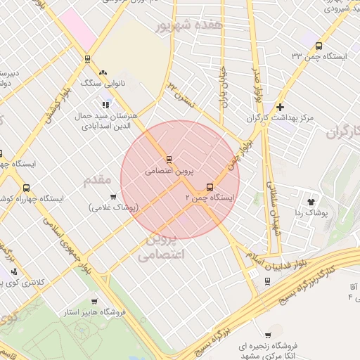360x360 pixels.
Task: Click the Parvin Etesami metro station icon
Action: coord(169,159)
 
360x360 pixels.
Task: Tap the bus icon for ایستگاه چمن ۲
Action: coord(210,187)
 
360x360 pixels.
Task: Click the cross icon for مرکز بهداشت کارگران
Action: coord(281,107)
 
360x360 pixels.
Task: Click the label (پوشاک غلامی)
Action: coord(115,207)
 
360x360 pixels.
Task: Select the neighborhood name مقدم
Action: coord(98,181)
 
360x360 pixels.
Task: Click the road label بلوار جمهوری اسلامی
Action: coord(66,240)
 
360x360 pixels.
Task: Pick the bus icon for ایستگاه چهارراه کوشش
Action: coord(26,188)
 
